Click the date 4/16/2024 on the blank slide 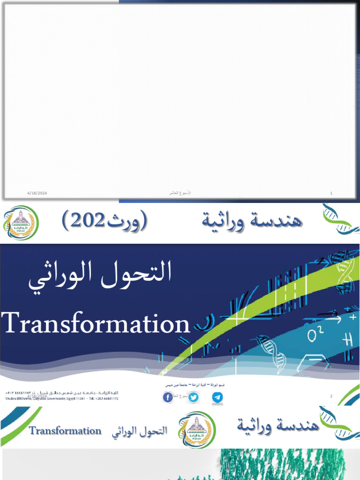(37, 193)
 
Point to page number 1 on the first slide (331, 193)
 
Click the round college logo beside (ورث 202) (21, 223)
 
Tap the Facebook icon (168, 397)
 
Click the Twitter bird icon (193, 397)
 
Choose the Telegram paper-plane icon (217, 397)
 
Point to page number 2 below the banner (331, 397)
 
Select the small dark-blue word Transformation (65, 431)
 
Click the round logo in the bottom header (196, 428)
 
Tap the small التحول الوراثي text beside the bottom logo (139, 431)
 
